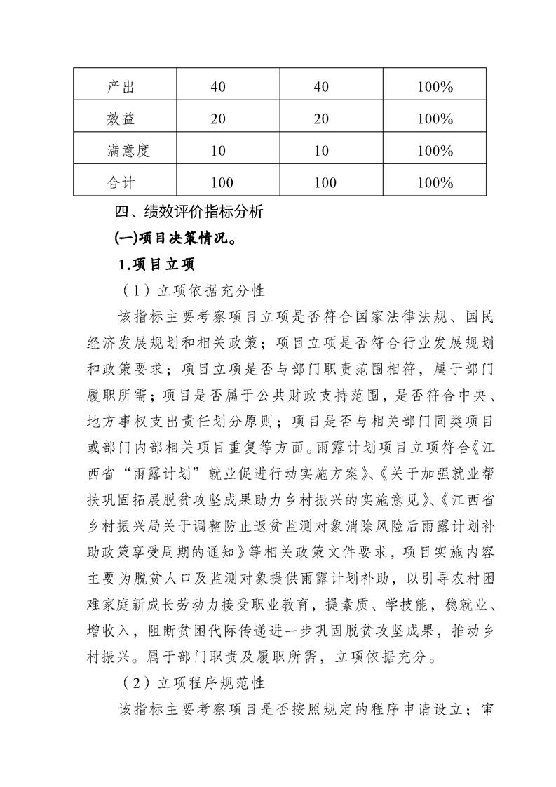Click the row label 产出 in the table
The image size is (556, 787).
click(120, 87)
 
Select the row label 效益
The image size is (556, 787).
click(120, 119)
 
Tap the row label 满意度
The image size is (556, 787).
click(125, 150)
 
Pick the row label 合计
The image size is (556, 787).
click(120, 182)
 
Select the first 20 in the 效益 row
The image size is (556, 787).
click(217, 119)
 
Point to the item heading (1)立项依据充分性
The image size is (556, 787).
click(189, 291)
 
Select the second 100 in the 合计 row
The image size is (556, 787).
click(325, 182)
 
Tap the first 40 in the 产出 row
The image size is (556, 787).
click(217, 87)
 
